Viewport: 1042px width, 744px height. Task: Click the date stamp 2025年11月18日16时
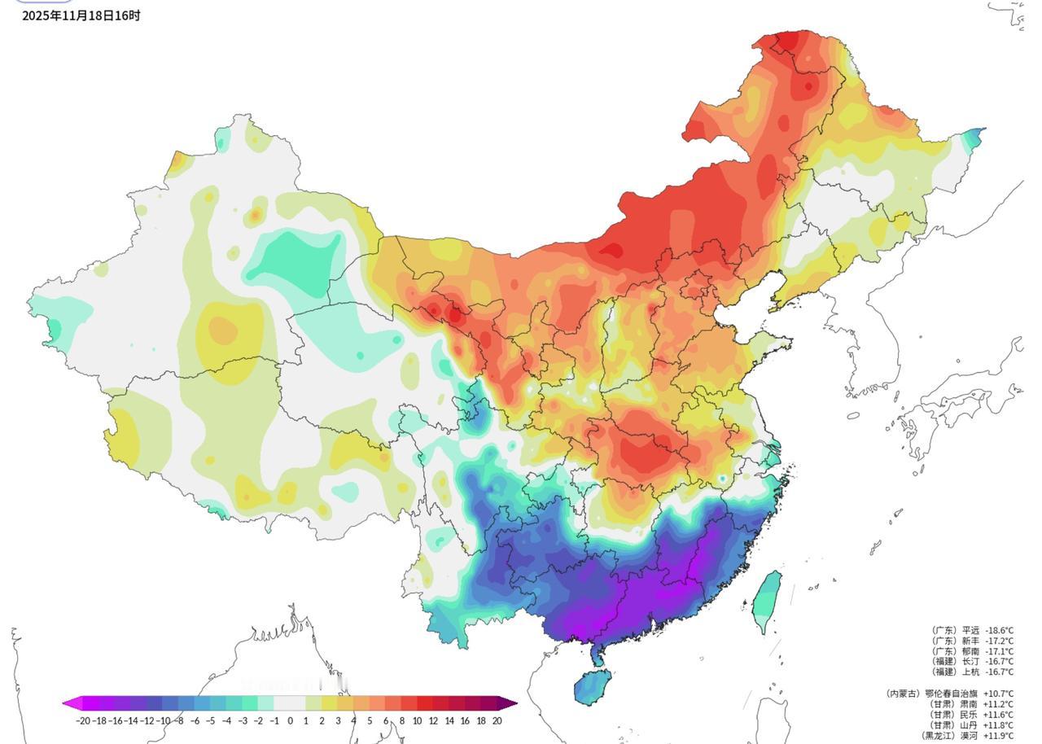pyautogui.click(x=81, y=15)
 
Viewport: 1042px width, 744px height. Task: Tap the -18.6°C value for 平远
pyautogui.click(x=999, y=631)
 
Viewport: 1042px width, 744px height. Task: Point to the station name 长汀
pyautogui.click(x=970, y=662)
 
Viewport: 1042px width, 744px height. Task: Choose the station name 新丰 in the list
pyautogui.click(x=970, y=641)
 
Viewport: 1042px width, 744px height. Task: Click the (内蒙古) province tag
pyautogui.click(x=902, y=694)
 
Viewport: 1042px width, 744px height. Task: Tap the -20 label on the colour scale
pyautogui.click(x=82, y=720)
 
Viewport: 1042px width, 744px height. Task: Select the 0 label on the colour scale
pyautogui.click(x=290, y=720)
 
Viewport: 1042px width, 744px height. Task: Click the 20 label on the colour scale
pyautogui.click(x=497, y=720)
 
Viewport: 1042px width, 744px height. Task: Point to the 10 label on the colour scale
pyautogui.click(x=417, y=720)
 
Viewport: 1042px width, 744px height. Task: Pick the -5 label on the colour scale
pyautogui.click(x=210, y=720)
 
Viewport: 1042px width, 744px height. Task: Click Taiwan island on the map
pyautogui.click(x=766, y=601)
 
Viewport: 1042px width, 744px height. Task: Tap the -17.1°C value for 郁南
pyautogui.click(x=999, y=652)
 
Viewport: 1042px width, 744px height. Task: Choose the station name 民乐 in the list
pyautogui.click(x=970, y=715)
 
